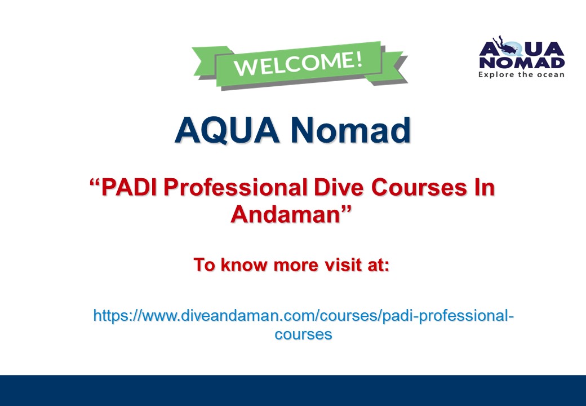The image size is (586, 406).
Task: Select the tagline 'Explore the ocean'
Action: (521, 74)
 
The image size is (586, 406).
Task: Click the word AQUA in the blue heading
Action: (227, 131)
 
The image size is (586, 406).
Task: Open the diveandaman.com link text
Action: (303, 315)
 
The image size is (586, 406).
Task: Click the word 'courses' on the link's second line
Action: (303, 334)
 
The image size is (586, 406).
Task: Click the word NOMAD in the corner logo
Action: (521, 61)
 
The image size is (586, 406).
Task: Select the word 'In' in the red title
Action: (482, 188)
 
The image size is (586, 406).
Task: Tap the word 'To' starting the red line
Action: (205, 264)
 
